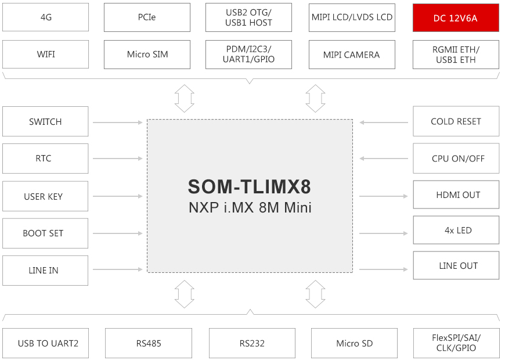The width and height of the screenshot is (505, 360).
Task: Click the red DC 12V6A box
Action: click(x=456, y=18)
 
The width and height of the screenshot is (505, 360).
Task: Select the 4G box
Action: click(x=45, y=17)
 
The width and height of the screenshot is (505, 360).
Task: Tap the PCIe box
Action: click(x=147, y=17)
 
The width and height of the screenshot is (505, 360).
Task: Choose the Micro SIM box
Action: click(x=147, y=55)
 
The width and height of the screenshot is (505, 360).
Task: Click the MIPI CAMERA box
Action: click(x=352, y=55)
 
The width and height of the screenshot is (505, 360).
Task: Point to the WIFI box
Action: click(x=45, y=54)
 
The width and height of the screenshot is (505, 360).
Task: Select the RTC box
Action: click(x=45, y=159)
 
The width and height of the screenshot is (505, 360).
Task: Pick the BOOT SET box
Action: click(x=45, y=233)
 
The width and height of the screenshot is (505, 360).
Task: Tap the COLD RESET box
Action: click(x=456, y=121)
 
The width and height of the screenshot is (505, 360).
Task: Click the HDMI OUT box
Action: click(x=456, y=195)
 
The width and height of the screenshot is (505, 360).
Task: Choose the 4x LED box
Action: click(x=456, y=230)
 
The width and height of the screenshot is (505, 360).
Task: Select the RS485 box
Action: click(x=149, y=343)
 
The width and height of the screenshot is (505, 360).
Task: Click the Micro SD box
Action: click(x=354, y=343)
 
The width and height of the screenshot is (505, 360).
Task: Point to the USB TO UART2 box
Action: click(x=45, y=343)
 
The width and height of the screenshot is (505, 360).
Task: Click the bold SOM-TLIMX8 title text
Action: click(x=249, y=186)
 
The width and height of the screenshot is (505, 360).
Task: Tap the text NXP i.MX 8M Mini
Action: click(x=250, y=207)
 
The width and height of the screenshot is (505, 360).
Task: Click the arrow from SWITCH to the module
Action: click(x=118, y=123)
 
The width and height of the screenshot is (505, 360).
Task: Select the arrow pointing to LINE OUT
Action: click(x=384, y=269)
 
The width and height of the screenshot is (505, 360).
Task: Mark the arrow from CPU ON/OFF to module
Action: click(x=384, y=159)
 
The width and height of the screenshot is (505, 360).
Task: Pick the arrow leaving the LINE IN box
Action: click(x=118, y=269)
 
